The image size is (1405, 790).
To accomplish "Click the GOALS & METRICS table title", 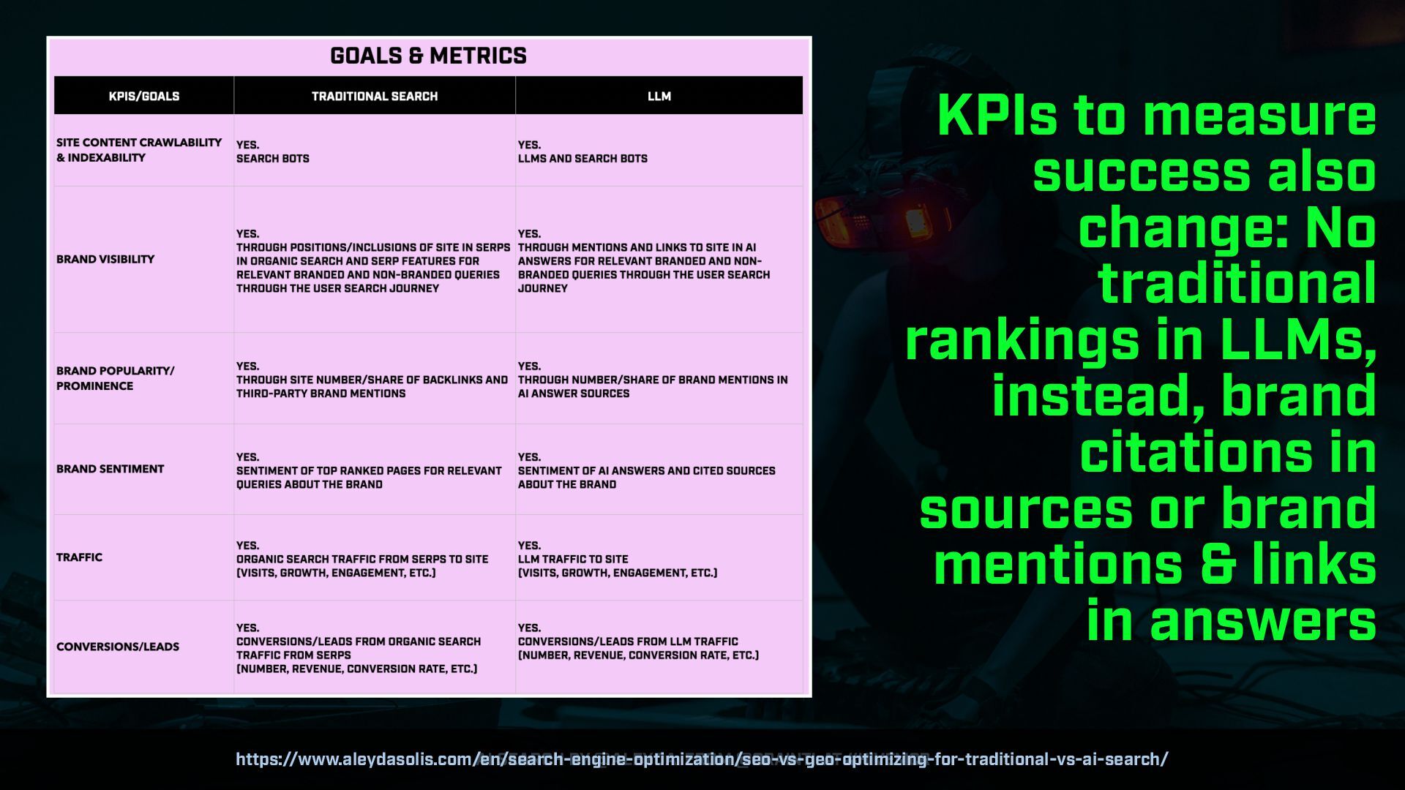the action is pyautogui.click(x=428, y=56).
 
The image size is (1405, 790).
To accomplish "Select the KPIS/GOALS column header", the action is pyautogui.click(x=144, y=96).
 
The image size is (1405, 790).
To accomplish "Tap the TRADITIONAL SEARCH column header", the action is pyautogui.click(x=375, y=96).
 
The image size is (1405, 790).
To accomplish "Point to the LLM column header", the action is pyautogui.click(x=659, y=96).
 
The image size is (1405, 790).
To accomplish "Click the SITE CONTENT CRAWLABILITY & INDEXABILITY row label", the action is pyautogui.click(x=139, y=150).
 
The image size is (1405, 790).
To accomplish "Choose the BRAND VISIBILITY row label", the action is pyautogui.click(x=105, y=259).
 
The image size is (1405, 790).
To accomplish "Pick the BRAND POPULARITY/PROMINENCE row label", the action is pyautogui.click(x=116, y=378).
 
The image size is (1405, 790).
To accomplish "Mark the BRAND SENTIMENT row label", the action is pyautogui.click(x=110, y=469).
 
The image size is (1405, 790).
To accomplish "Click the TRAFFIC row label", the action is pyautogui.click(x=79, y=557).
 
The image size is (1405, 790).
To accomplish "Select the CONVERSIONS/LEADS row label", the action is pyautogui.click(x=118, y=647).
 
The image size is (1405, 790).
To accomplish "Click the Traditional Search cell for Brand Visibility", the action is pyautogui.click(x=373, y=261).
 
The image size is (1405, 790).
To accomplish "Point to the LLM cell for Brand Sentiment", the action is pyautogui.click(x=646, y=470).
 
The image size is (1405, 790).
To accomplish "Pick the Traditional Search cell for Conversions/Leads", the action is pyautogui.click(x=359, y=648).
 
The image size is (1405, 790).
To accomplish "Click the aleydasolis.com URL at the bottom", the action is pyautogui.click(x=702, y=759).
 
